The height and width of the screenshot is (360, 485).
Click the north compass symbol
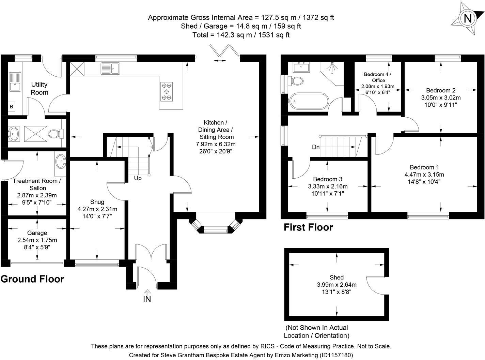point(468,18)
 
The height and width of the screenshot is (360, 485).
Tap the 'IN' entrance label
point(147,299)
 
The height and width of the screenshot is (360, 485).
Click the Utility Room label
point(40,88)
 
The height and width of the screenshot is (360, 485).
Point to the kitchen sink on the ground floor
point(110,68)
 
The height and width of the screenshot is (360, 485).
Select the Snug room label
point(97,201)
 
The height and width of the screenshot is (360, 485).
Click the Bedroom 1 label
point(424,167)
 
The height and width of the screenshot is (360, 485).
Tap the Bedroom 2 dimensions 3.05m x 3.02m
point(441,97)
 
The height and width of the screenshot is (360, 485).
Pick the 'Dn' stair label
point(316,147)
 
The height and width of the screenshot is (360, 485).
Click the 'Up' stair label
point(138,178)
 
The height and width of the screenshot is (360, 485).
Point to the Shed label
point(337,277)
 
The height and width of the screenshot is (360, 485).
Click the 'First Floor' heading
point(308,227)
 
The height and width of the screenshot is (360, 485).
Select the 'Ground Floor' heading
point(32,279)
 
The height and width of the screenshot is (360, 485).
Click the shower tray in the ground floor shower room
point(34,133)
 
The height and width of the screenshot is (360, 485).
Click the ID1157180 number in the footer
point(336,355)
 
